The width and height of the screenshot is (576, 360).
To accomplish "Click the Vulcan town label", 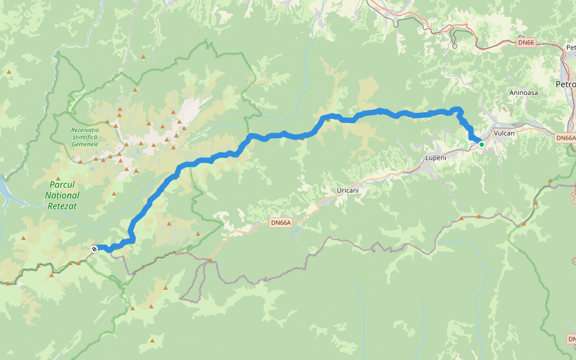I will coord(505,133).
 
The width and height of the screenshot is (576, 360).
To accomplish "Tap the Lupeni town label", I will coord(436,157).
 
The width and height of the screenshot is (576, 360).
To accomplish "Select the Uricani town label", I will coord(348,190).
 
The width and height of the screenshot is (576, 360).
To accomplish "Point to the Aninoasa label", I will coord(523,93).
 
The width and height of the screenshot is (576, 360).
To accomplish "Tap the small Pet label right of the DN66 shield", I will coord(571,47).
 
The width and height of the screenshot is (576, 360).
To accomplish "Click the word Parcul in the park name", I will coord(62,185).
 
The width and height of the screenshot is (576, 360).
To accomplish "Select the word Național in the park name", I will coord(62,196).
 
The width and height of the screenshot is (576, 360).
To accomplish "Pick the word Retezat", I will coord(62,206).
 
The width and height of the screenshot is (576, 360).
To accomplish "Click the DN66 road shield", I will coord(526,43).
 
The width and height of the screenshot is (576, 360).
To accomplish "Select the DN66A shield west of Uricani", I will coord(281,223).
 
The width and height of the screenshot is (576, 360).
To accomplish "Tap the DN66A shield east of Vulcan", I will coord(566,138).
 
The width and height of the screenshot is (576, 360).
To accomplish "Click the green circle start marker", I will coord(481,144).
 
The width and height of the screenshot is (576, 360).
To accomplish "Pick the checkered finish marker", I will coord(94,248).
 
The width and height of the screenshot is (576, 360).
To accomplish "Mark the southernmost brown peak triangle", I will coord(152,341).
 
